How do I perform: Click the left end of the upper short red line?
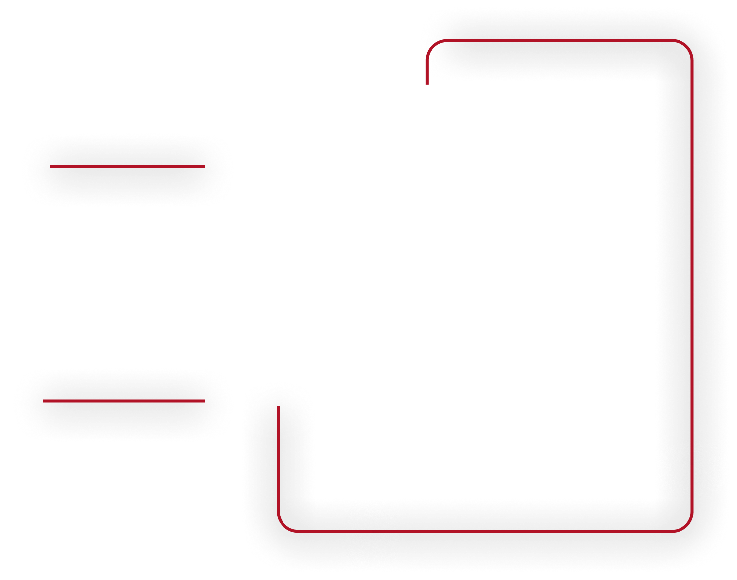pyautogui.click(x=51, y=167)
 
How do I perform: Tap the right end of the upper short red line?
pyautogui.click(x=204, y=167)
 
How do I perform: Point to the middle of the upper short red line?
pyautogui.click(x=127, y=167)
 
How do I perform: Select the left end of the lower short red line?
pyautogui.click(x=44, y=401)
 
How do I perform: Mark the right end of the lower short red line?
pyautogui.click(x=204, y=401)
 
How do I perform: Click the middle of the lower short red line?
pyautogui.click(x=124, y=401)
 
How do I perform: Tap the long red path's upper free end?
pyautogui.click(x=427, y=83)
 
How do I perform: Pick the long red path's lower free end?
pyautogui.click(x=279, y=407)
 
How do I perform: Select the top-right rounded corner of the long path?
pyautogui.click(x=686, y=46)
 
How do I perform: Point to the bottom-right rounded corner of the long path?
pyautogui.click(x=686, y=525)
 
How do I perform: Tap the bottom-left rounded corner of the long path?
pyautogui.click(x=284, y=525)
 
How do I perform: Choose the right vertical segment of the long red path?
pyautogui.click(x=692, y=278)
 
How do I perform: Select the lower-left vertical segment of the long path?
pyautogui.click(x=279, y=461)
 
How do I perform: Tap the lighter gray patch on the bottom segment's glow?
pyautogui.click(x=372, y=533)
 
